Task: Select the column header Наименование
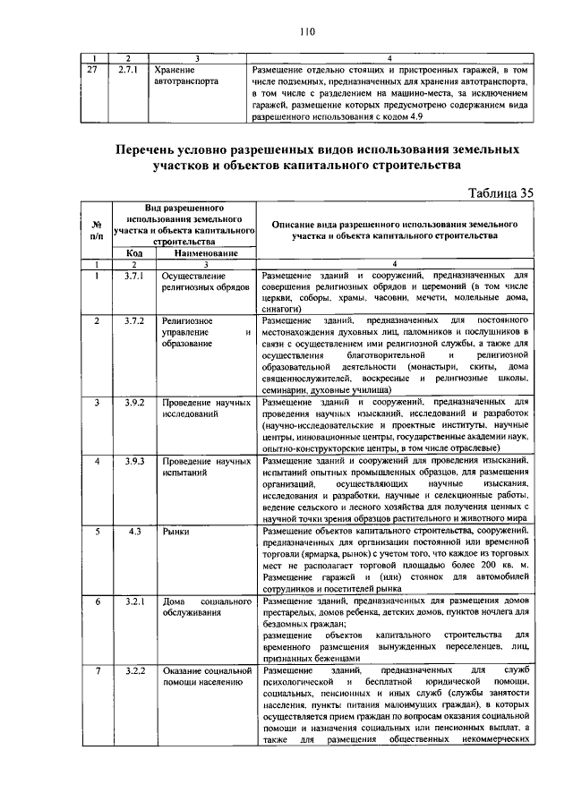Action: click(x=206, y=254)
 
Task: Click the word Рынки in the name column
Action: click(x=175, y=531)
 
